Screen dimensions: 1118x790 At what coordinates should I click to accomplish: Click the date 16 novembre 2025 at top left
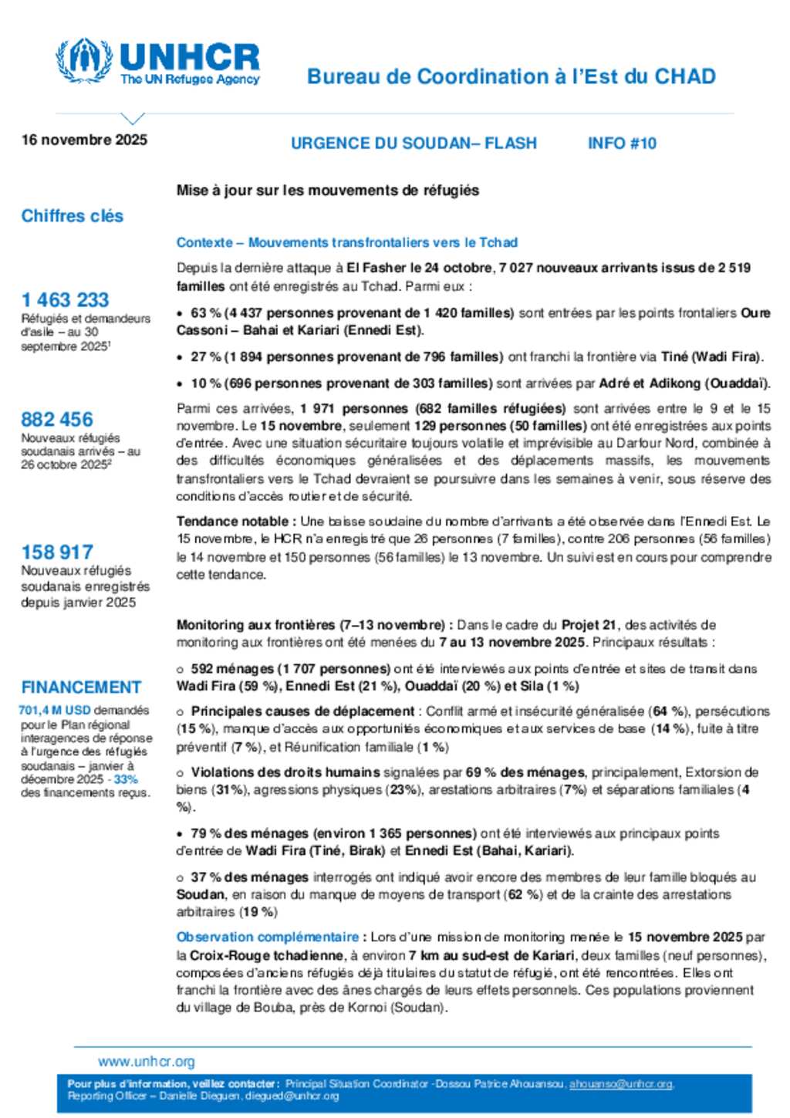[x=84, y=140]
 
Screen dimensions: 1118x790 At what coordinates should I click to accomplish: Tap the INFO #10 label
[x=622, y=144]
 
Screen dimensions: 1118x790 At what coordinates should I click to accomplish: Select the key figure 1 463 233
[x=66, y=299]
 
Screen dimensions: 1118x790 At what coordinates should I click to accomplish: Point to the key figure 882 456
[x=57, y=419]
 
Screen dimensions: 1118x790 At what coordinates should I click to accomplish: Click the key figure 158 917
[x=57, y=552]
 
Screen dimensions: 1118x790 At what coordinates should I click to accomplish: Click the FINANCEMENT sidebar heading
[x=81, y=687]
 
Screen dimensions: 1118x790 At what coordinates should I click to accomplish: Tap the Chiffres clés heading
[x=73, y=216]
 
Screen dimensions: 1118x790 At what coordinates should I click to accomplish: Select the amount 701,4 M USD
[x=55, y=710]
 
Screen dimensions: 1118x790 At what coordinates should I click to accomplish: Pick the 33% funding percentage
[x=126, y=779]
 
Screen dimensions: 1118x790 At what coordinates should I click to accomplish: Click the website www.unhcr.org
[x=147, y=1062]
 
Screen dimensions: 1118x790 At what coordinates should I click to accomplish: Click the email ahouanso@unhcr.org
[x=621, y=1084]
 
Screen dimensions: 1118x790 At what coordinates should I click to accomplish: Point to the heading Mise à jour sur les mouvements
[x=328, y=191]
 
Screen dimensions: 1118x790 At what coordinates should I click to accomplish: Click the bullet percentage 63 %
[x=206, y=313]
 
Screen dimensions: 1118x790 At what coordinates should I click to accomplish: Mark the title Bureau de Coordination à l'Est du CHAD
[x=511, y=76]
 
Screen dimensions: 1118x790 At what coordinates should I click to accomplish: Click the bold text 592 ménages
[x=232, y=669]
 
